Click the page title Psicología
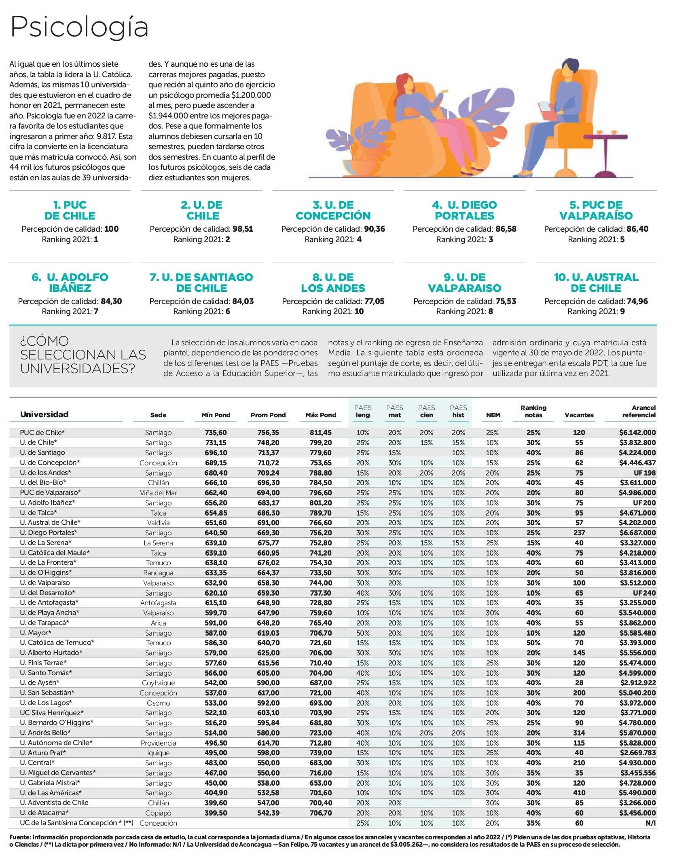click(x=79, y=27)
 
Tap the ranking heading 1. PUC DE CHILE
click(x=70, y=210)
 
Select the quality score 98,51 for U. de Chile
click(x=243, y=229)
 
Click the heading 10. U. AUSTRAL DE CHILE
click(x=596, y=283)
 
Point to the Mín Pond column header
click(x=216, y=415)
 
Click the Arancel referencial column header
click(x=639, y=411)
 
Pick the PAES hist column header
click(x=458, y=411)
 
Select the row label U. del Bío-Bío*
click(x=43, y=482)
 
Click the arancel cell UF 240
click(x=644, y=593)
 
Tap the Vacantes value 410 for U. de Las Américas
click(x=579, y=793)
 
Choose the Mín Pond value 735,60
click(x=216, y=433)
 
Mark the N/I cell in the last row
click(x=650, y=823)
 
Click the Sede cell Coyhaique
click(x=158, y=683)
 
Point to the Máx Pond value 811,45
click(x=321, y=433)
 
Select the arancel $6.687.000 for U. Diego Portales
click(x=637, y=533)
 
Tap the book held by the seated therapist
click(x=546, y=109)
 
